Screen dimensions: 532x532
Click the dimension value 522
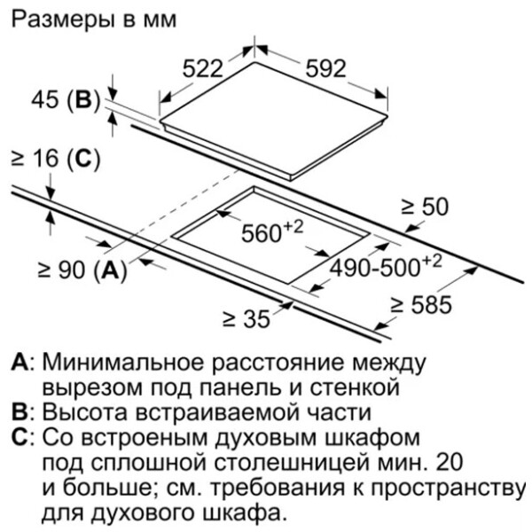tap(202, 68)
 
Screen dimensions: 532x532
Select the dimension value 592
tap(325, 68)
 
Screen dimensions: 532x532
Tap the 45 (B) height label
tap(66, 100)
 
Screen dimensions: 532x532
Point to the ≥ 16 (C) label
tap(56, 159)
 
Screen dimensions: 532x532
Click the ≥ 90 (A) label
tap(82, 270)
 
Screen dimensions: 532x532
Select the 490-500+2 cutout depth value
tap(386, 266)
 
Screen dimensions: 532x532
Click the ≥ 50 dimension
tap(425, 207)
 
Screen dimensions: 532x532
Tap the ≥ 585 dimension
tap(421, 304)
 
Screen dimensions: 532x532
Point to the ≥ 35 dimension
tap(246, 319)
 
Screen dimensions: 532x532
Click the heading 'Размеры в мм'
tap(94, 20)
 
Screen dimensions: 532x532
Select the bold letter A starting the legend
tap(20, 364)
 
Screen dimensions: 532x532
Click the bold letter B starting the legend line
tap(20, 412)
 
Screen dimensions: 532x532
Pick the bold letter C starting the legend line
tap(20, 438)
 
